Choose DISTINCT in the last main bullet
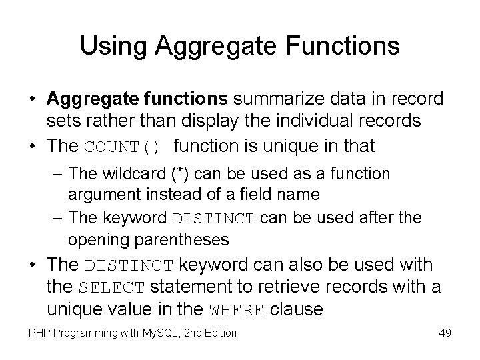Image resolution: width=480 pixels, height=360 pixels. (129, 265)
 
